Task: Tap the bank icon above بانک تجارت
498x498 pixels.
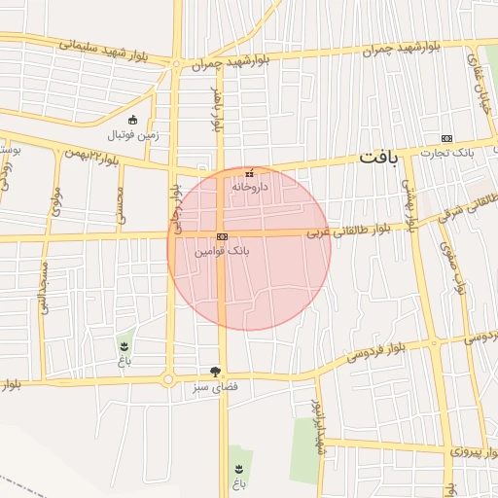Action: (x=446, y=138)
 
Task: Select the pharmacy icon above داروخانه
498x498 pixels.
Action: (x=249, y=172)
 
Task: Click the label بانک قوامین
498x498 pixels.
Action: (x=222, y=251)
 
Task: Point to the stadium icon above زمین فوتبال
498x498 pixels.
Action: (x=133, y=120)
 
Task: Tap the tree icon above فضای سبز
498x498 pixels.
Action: (x=214, y=371)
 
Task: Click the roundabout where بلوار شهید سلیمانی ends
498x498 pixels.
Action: (x=176, y=64)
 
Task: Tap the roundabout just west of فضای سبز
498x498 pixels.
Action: (x=168, y=379)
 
